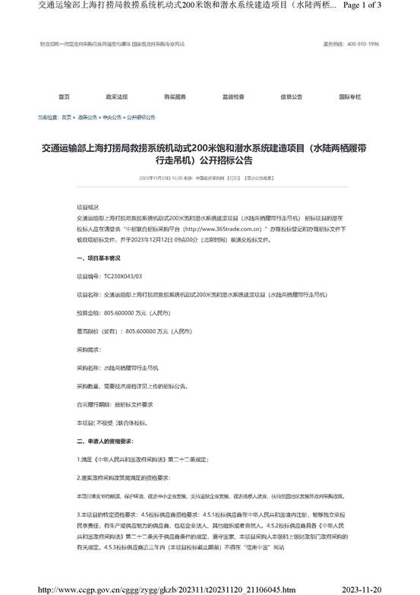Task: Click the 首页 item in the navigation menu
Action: pyautogui.click(x=64, y=97)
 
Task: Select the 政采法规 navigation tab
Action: pyautogui.click(x=116, y=97)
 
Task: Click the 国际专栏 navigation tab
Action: pyautogui.click(x=349, y=97)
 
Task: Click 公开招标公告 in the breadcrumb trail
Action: pyautogui.click(x=141, y=118)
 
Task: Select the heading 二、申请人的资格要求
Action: pyautogui.click(x=106, y=442)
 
